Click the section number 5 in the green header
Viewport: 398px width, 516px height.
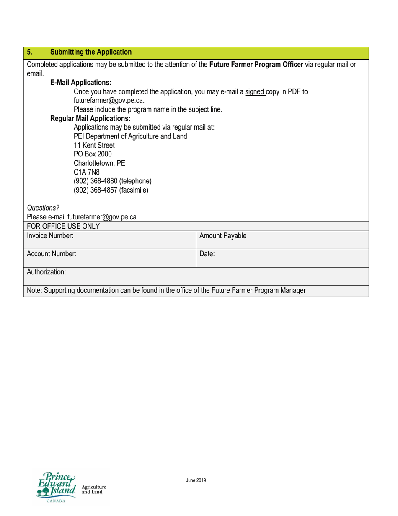tap(29, 52)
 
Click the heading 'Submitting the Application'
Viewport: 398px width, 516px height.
tap(90, 52)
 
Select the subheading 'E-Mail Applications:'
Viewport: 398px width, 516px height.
tap(81, 83)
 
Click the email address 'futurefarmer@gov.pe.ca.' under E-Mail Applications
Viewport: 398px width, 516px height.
tap(109, 101)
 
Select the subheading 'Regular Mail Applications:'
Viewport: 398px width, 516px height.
tap(90, 119)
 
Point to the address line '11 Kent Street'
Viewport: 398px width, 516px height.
tap(94, 146)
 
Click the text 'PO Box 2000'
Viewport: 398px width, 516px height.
tap(93, 154)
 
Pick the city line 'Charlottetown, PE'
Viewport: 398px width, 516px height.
tap(99, 163)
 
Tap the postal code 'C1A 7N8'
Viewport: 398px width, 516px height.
tap(87, 172)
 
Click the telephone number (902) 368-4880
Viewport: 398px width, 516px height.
tap(112, 181)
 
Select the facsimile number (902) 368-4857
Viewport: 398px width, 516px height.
tap(111, 190)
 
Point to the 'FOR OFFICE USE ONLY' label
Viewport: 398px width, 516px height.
tap(63, 226)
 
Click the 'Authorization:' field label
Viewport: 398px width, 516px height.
tap(46, 272)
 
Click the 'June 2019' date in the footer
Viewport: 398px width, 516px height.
tap(196, 480)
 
